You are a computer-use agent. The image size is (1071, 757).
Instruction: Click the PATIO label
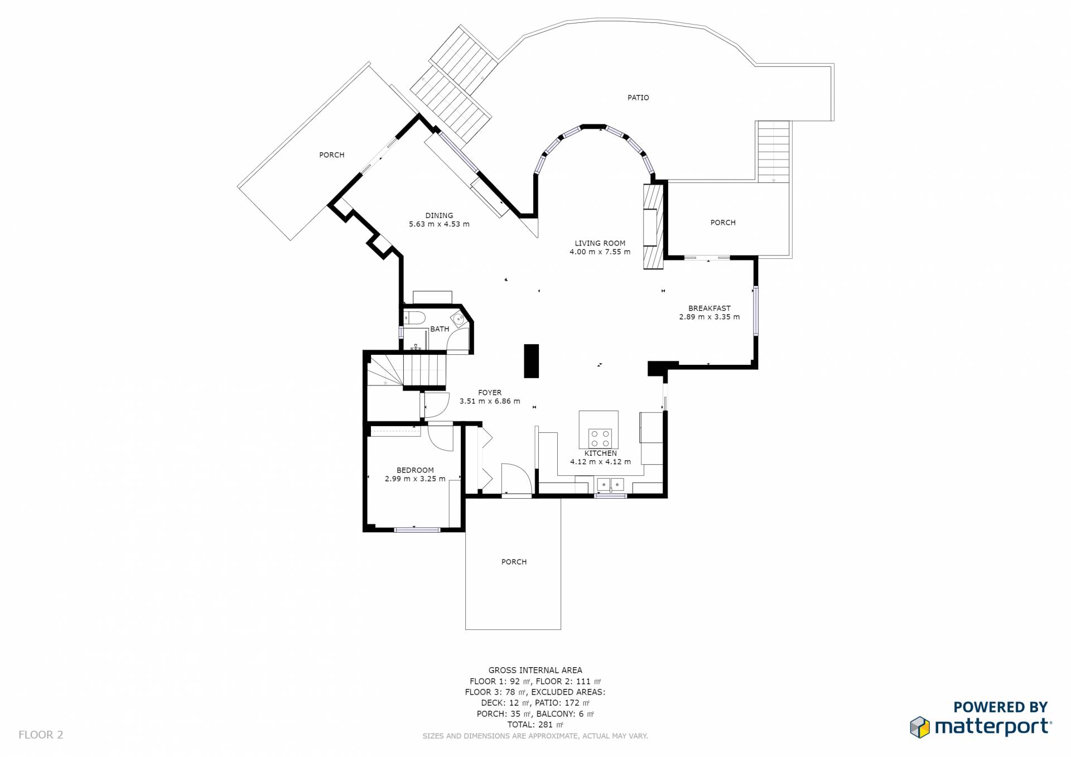point(638,98)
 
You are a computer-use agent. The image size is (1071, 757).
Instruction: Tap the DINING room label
point(439,216)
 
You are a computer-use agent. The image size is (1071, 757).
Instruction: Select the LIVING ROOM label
point(600,243)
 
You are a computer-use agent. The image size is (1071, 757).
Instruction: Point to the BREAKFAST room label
point(709,308)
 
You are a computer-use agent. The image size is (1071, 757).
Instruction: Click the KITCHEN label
point(600,454)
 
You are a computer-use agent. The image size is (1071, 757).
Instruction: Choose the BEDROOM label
point(415,470)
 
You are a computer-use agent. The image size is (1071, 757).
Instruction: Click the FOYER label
point(490,393)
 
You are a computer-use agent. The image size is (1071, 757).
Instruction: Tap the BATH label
point(440,329)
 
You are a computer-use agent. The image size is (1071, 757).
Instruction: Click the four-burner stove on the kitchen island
point(600,438)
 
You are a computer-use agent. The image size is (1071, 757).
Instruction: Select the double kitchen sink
point(610,484)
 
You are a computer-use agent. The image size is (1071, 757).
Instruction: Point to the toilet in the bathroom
point(413,319)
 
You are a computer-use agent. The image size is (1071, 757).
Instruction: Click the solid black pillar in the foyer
point(531,361)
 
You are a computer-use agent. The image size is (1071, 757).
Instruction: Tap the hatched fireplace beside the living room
point(653,226)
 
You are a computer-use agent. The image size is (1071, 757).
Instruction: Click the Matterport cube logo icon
point(920,727)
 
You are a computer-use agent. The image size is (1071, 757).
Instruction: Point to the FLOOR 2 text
point(41,735)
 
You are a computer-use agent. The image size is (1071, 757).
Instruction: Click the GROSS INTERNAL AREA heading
point(535,671)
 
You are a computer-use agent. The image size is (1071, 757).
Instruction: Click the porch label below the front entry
point(514,562)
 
